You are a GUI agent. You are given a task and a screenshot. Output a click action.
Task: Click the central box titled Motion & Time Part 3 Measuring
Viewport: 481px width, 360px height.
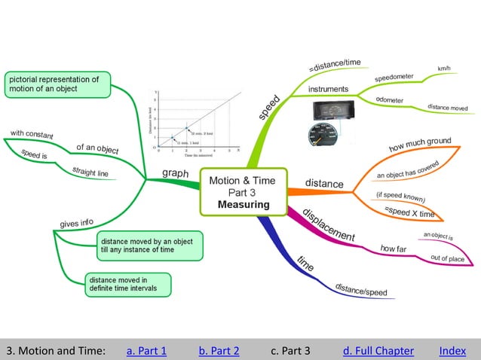click(241, 192)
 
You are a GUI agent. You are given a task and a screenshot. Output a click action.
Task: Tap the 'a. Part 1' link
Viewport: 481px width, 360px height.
click(146, 350)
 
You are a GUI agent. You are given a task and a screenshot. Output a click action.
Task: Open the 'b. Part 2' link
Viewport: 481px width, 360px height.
click(219, 350)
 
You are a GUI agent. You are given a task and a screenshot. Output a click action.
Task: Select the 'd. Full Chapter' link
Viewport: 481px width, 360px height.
click(378, 350)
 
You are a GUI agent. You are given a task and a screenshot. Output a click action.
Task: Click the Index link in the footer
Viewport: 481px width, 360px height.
click(452, 350)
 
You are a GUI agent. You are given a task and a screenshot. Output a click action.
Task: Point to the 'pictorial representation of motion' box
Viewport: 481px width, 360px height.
click(57, 84)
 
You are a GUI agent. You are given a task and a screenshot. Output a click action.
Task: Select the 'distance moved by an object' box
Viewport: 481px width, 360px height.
click(149, 243)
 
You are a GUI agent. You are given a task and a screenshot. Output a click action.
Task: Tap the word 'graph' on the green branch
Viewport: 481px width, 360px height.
click(176, 173)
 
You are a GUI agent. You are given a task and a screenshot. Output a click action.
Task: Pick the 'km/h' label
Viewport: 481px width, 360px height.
click(444, 69)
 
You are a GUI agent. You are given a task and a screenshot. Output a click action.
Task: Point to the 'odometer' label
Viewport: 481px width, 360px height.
click(388, 100)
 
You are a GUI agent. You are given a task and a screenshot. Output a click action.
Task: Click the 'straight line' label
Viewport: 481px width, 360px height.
click(90, 172)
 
